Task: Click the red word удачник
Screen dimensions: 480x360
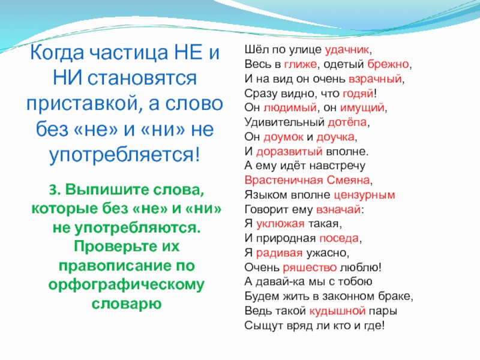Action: click(x=347, y=50)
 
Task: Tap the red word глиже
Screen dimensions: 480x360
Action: click(x=301, y=64)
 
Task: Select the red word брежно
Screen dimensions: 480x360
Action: click(x=388, y=64)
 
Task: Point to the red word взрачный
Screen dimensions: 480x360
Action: click(x=376, y=79)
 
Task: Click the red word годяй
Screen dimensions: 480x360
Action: click(x=358, y=94)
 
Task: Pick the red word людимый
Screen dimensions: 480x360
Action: click(x=290, y=108)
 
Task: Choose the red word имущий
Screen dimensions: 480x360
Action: click(x=362, y=108)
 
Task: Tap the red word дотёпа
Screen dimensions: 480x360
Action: click(x=347, y=122)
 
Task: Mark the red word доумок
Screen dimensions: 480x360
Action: click(x=283, y=137)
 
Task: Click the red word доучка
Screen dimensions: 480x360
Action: click(x=335, y=137)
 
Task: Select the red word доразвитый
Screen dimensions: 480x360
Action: click(x=289, y=151)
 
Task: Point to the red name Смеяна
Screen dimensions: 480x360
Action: click(x=349, y=180)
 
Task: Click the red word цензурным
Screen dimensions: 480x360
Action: click(x=364, y=195)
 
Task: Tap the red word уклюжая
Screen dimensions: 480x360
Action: click(x=280, y=224)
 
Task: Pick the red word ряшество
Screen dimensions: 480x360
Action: click(x=310, y=268)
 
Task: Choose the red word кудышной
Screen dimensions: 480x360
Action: click(x=338, y=311)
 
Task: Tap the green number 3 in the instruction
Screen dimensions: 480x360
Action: click(x=53, y=190)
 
